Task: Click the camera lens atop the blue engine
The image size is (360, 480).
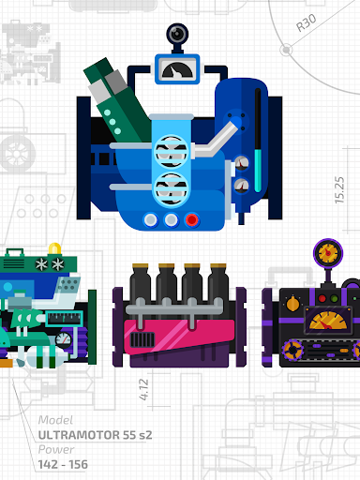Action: click(x=177, y=34)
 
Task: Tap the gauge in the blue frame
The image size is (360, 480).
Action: click(x=177, y=69)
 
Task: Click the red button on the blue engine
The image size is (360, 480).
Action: click(x=192, y=220)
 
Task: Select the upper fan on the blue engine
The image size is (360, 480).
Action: click(x=172, y=152)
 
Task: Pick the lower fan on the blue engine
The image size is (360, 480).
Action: click(x=172, y=188)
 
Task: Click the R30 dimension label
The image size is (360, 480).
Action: click(x=307, y=22)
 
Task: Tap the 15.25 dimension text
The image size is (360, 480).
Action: click(x=339, y=190)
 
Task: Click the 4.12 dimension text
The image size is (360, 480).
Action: click(x=143, y=389)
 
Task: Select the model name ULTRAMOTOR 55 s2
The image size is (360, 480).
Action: click(x=95, y=435)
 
